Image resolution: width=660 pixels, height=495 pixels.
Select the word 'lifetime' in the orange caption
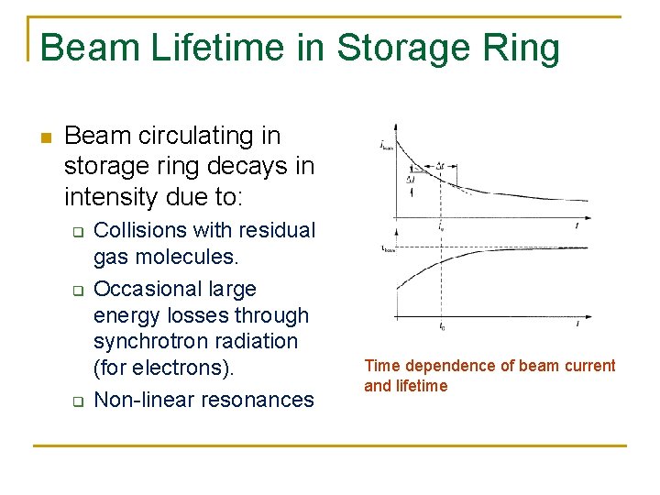pos(421,386)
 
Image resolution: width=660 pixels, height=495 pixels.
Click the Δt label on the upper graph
pos(441,167)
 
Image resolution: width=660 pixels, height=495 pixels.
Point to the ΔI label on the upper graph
pos(411,180)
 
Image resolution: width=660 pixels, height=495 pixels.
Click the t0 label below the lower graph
pos(442,326)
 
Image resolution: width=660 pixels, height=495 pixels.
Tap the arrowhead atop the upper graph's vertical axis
pos(395,126)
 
